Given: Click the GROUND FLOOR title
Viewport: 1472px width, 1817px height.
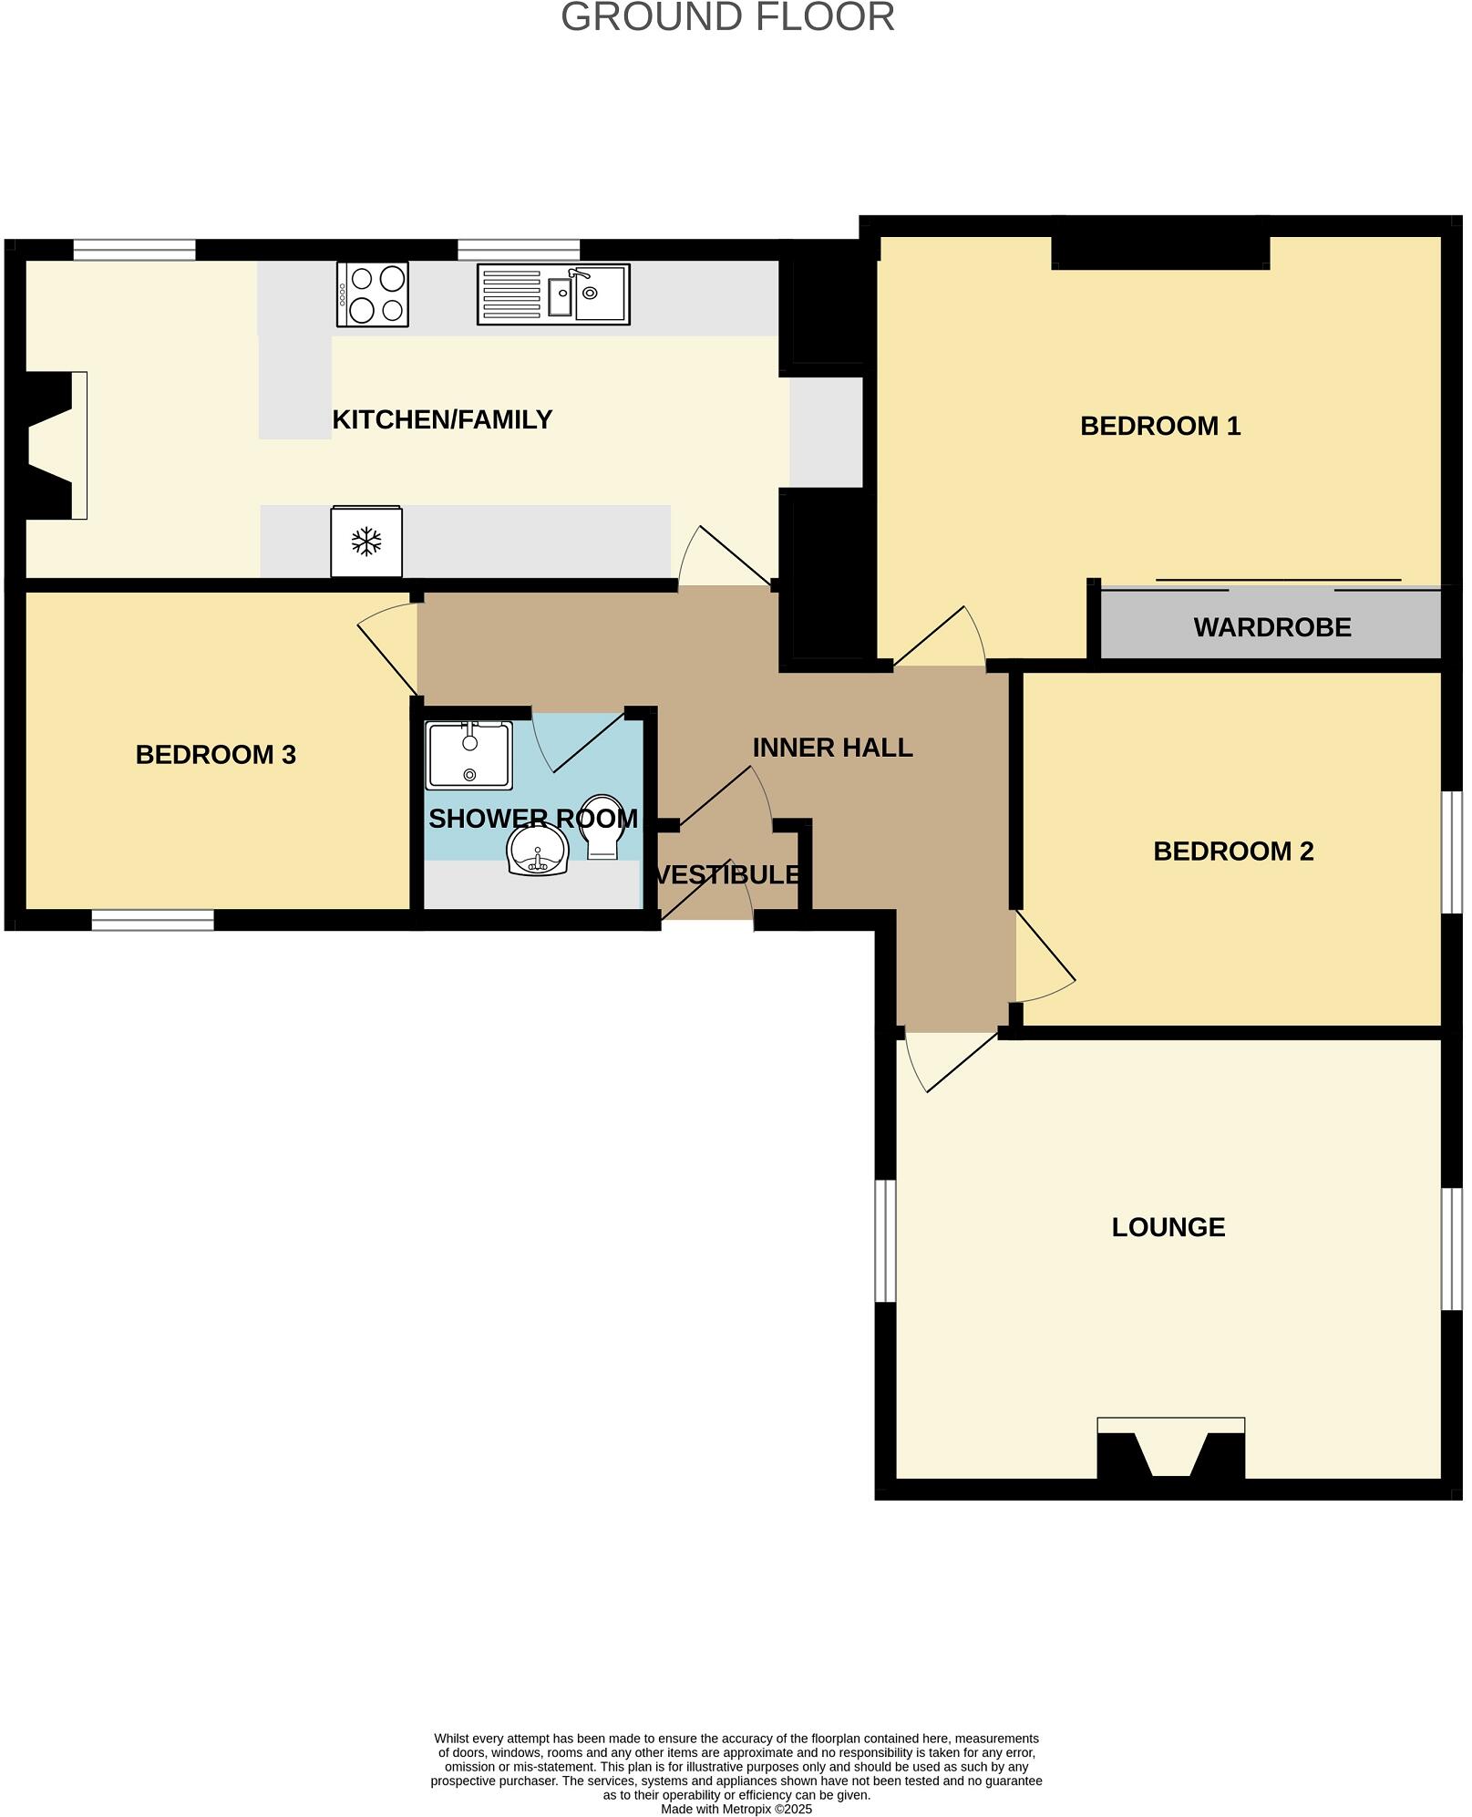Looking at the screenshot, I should click(727, 17).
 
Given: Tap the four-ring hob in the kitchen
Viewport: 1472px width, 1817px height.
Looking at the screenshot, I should click(372, 294).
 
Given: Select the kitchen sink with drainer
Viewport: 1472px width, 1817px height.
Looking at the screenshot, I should click(552, 294).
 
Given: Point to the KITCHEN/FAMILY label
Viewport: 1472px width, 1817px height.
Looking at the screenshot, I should click(442, 419).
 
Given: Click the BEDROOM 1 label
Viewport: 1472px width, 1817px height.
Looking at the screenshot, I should click(1159, 426).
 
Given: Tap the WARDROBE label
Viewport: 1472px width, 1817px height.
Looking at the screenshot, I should click(1271, 627).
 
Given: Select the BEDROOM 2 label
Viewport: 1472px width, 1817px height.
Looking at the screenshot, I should click(1232, 851).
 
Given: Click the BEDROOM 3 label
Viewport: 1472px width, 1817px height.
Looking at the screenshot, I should click(215, 755).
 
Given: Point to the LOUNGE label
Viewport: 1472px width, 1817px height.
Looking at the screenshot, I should click(1168, 1227).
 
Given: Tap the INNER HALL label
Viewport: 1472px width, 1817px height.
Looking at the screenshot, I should click(832, 748).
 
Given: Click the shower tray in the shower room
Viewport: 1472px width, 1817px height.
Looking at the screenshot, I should click(469, 755).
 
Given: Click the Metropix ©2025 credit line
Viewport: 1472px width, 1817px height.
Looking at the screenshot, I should click(736, 1809).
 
